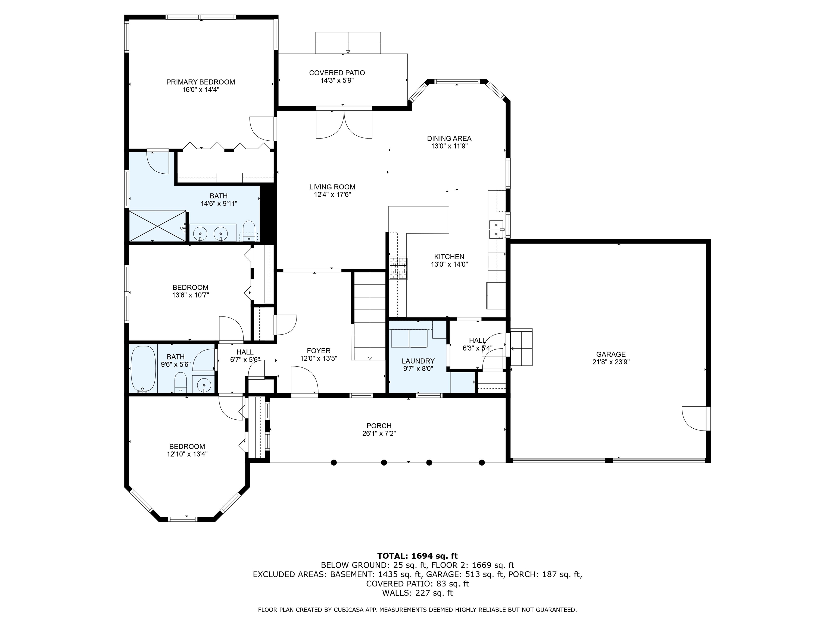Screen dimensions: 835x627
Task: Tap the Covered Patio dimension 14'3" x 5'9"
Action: pos(337,81)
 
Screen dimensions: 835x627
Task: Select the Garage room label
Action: pos(611,354)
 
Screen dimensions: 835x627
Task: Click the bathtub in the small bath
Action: pos(143,368)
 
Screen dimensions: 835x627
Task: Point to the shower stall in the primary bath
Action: pos(158,226)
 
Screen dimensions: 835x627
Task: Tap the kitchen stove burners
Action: pos(399,268)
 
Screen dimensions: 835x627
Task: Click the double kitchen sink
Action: pos(496,229)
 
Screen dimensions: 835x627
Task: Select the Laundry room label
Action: pos(418,361)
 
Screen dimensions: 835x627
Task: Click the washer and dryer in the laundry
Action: pos(410,338)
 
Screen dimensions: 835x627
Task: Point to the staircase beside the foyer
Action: pos(369,316)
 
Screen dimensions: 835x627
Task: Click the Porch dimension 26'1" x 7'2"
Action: pos(379,434)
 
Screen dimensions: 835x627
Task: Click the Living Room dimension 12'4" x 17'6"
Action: pos(332,195)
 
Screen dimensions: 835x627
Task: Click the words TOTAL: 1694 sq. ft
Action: pos(417,556)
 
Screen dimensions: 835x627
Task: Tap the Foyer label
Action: pos(319,351)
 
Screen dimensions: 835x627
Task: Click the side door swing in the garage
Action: pos(694,418)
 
